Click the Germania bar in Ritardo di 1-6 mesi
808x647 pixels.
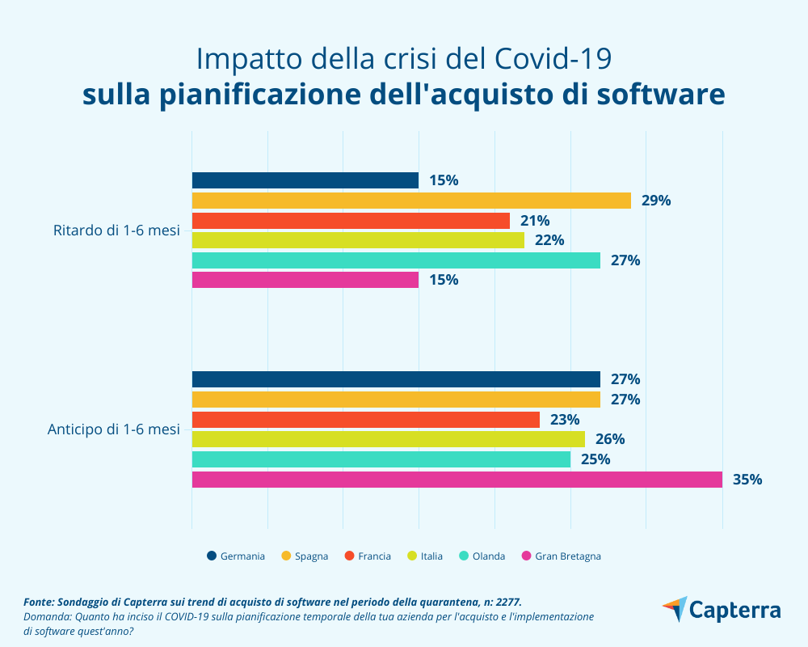(305, 180)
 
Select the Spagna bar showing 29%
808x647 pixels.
(410, 201)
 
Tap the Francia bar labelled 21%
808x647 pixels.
(351, 221)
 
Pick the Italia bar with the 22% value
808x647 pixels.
(358, 240)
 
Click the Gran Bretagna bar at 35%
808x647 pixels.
(457, 480)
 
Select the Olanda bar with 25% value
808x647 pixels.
(381, 459)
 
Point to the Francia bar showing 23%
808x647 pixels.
(365, 420)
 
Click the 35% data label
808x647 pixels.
(747, 480)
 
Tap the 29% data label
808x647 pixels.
(656, 201)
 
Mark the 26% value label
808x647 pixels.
(610, 439)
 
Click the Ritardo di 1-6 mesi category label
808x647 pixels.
(116, 230)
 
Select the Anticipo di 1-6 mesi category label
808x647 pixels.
(113, 429)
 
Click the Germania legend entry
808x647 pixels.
(242, 556)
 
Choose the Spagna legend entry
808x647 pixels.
(311, 556)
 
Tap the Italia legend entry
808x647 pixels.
(431, 556)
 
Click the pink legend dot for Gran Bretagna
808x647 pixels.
(527, 556)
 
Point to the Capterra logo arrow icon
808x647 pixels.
(674, 609)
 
